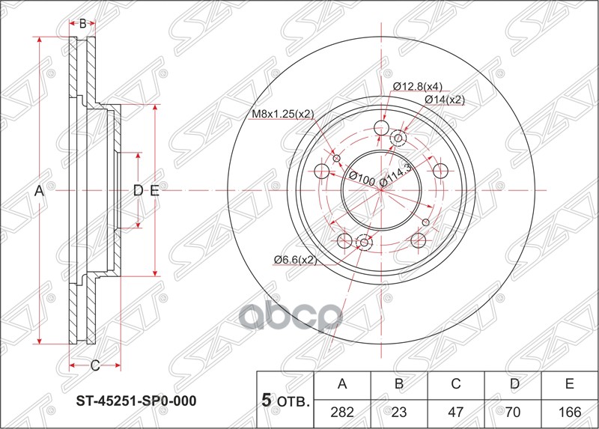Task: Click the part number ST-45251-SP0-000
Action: coord(137,401)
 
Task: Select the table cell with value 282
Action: coord(343,410)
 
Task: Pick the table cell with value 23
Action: coord(400,410)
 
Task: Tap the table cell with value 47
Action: coord(456,410)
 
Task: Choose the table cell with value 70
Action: coord(513,410)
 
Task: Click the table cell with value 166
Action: coord(570,410)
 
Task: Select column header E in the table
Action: coord(570,385)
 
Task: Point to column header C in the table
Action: coord(456,385)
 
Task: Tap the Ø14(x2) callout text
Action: coord(445,99)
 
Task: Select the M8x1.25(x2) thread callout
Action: coord(282,114)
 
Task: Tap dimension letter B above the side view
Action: coord(82,23)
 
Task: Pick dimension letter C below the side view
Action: coord(95,365)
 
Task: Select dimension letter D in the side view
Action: coord(138,191)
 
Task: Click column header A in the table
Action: coord(343,385)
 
